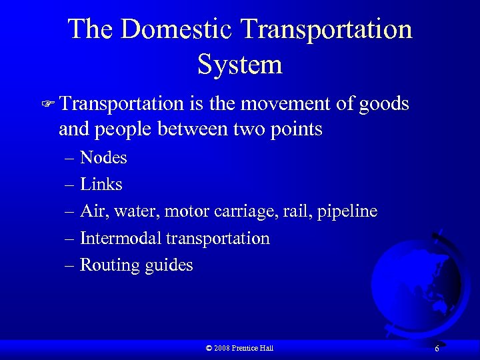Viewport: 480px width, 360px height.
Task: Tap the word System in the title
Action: (x=240, y=65)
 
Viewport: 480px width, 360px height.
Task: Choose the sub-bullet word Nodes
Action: (x=103, y=157)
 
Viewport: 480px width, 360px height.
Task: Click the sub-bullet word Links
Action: (x=101, y=184)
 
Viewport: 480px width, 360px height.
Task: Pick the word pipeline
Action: (x=347, y=211)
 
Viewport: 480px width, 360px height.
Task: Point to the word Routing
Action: (x=109, y=265)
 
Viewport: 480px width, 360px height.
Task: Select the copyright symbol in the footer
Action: (x=209, y=348)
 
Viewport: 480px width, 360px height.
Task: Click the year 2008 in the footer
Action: (x=223, y=348)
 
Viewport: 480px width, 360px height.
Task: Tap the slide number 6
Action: (x=437, y=349)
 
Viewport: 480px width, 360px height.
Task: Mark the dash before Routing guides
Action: (x=70, y=265)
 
